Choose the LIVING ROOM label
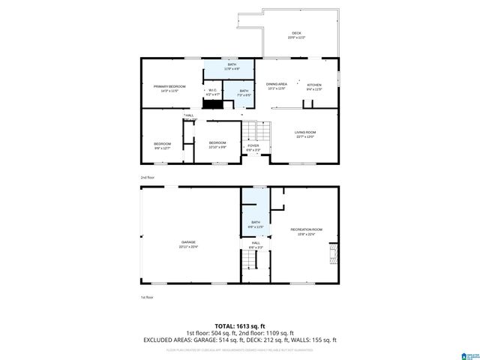(304, 133)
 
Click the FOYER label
(253, 147)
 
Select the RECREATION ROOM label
(306, 230)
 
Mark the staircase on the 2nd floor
(259, 132)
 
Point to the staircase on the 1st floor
(249, 260)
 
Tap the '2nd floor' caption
(147, 177)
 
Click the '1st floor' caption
(147, 297)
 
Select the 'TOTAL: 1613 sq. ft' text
(239, 325)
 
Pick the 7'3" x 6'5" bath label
(244, 92)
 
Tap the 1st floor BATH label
(255, 223)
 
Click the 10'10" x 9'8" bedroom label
(217, 144)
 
